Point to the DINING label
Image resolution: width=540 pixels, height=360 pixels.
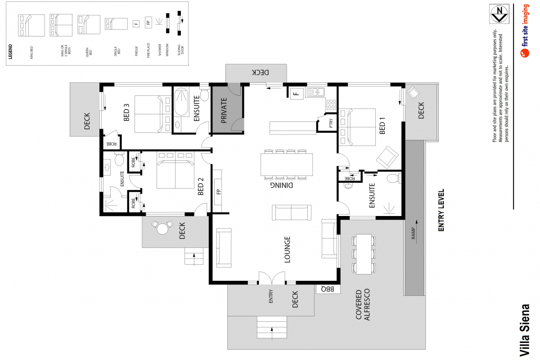pos(282,184)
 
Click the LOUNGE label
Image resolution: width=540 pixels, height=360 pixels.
pos(287,249)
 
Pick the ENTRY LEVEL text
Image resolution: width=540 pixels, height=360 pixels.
pos(441,210)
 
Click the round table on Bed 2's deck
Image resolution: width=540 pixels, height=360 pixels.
pos(162,229)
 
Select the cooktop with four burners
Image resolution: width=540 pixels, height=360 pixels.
pos(331,104)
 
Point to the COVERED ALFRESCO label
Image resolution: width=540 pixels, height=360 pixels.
pos(363,304)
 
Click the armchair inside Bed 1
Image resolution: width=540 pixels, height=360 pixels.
pos(387,156)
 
